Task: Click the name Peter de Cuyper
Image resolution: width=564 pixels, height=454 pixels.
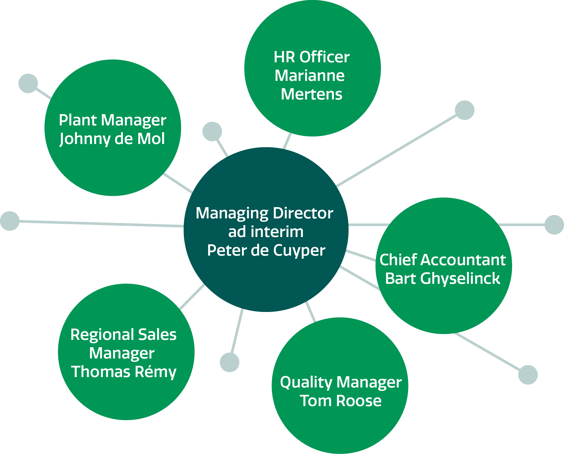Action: (x=266, y=250)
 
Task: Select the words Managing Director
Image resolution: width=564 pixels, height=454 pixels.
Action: (x=264, y=213)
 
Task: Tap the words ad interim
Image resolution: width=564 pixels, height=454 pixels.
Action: (x=266, y=232)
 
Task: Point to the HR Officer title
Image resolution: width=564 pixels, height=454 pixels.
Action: (x=311, y=57)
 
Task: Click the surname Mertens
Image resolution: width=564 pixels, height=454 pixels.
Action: (x=311, y=94)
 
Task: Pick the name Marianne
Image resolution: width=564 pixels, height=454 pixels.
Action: (x=310, y=76)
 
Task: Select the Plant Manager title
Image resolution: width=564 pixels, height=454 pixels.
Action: (x=112, y=120)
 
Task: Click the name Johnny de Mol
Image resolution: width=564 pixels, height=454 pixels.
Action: (x=112, y=139)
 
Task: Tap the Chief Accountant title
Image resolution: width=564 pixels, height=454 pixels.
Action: (x=442, y=260)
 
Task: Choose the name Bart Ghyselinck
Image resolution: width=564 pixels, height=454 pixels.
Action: (x=442, y=278)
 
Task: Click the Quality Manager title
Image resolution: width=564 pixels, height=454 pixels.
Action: (x=341, y=382)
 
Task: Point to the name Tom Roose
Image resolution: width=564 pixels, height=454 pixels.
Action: (x=340, y=401)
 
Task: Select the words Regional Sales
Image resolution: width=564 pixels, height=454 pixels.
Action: (x=123, y=335)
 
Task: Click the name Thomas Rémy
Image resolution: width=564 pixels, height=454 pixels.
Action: (x=124, y=372)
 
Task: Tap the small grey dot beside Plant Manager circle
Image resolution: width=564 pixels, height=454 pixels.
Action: (x=28, y=83)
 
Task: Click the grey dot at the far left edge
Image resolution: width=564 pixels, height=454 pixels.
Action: (x=10, y=221)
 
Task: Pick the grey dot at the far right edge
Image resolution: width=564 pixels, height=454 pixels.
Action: (x=554, y=225)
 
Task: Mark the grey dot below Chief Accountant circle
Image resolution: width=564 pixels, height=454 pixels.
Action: (x=528, y=375)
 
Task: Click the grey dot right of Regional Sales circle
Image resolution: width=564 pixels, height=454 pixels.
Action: (x=230, y=362)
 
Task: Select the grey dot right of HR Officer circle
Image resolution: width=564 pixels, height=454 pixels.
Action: (x=465, y=110)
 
